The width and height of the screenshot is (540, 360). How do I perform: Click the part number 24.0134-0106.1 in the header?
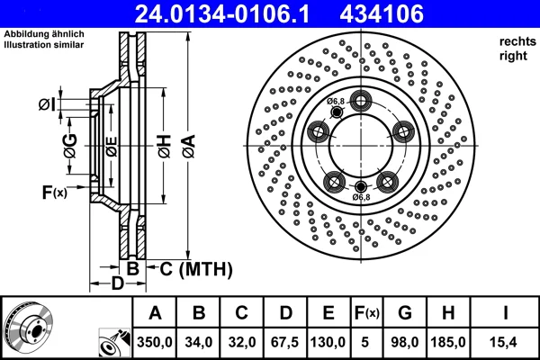(x=222, y=14)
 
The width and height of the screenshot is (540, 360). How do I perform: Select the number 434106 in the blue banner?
(x=382, y=14)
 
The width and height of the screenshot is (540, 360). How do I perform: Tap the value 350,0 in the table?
(x=155, y=342)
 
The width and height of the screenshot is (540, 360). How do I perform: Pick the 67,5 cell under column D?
(x=284, y=342)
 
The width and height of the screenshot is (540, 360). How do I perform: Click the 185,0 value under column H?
(x=448, y=342)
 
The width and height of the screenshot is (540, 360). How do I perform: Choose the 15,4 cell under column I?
(x=503, y=342)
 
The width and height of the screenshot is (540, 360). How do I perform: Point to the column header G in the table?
(x=405, y=313)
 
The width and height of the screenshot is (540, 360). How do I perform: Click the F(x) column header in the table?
(x=367, y=313)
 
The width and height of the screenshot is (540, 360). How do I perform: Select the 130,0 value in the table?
(x=328, y=342)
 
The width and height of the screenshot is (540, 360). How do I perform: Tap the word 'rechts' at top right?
(x=517, y=41)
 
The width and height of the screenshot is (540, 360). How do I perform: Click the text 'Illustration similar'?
(x=44, y=45)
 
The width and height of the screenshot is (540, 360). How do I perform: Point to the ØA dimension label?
(x=189, y=147)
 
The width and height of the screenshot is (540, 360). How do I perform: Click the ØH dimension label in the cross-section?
(x=165, y=147)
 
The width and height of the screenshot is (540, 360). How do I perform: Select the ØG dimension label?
(x=70, y=147)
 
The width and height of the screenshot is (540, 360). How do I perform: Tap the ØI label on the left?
(x=47, y=104)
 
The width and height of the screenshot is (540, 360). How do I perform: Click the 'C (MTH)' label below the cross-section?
(x=196, y=269)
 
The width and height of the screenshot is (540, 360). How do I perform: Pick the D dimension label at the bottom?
(x=117, y=283)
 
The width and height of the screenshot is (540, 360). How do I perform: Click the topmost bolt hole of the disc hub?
(x=361, y=101)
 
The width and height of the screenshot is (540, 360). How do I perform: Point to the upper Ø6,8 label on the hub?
(x=336, y=102)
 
